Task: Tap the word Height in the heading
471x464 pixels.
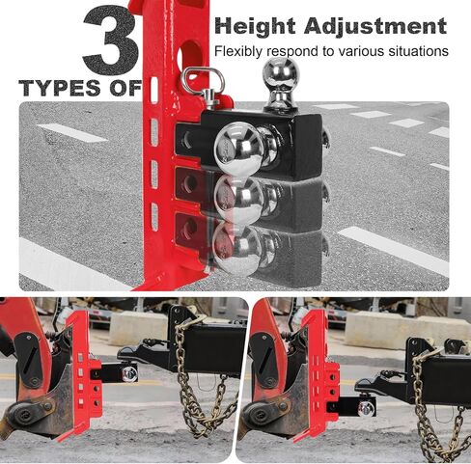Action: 255,26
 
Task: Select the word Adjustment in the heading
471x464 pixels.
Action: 375,26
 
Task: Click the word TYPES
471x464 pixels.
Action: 60,88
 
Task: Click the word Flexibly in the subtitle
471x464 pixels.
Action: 238,51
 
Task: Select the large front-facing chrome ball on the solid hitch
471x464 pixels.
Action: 239,147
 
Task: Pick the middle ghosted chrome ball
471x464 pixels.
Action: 238,199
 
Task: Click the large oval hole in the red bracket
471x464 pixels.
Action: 190,58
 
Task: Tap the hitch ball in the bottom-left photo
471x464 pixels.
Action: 129,373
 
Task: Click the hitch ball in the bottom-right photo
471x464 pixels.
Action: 367,409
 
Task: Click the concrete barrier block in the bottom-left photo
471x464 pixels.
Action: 138,326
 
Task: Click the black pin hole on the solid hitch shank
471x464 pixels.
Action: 187,139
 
